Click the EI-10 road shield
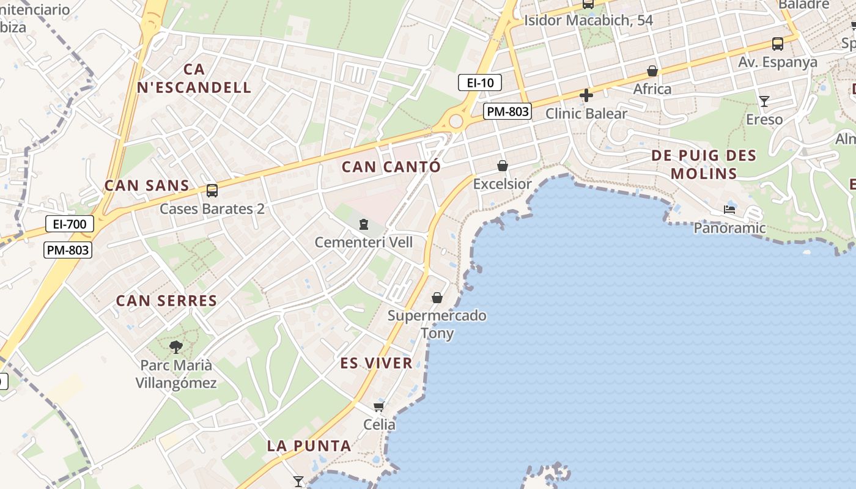pos(480,83)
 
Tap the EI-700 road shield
pos(70,224)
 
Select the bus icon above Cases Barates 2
pos(212,190)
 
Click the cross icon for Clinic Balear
pos(586,95)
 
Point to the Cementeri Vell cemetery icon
pos(364,225)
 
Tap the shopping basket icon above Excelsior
pos(503,166)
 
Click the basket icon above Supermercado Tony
pos(437,298)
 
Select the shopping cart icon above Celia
pos(379,406)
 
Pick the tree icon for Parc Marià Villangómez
pos(176,347)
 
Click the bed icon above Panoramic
pos(729,210)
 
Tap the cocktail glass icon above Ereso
pos(764,101)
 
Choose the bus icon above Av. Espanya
pos(778,44)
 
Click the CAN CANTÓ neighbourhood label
pos(391,166)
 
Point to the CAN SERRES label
pos(166,301)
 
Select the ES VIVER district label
pos(376,363)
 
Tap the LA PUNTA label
pos(309,446)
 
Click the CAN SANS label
pos(147,185)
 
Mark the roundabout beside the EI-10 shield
pos(456,121)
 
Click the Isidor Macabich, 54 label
pos(588,20)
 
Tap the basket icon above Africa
pos(652,71)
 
